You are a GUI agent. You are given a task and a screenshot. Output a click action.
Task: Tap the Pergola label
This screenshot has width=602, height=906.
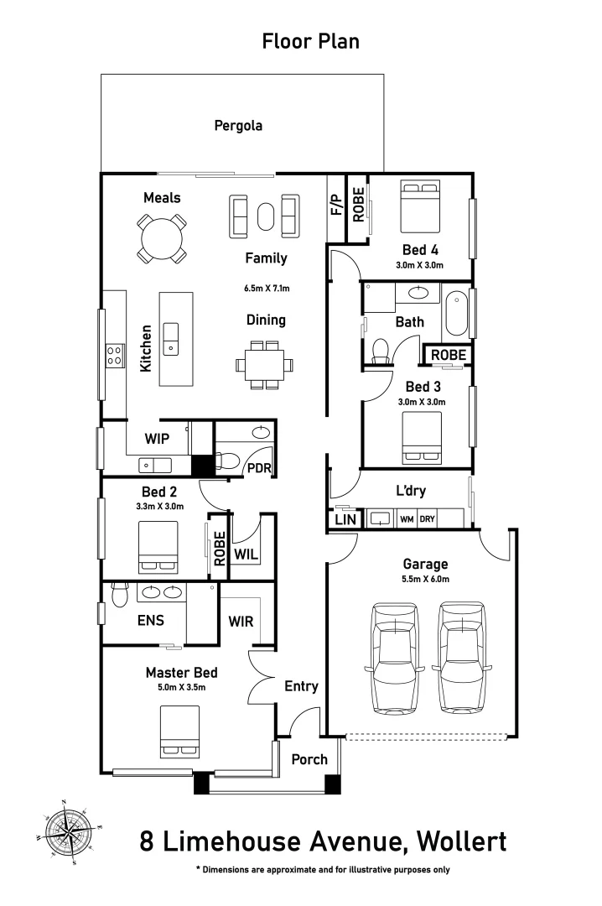[x=238, y=126]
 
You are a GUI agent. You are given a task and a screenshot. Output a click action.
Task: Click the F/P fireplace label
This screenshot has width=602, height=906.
[x=336, y=206]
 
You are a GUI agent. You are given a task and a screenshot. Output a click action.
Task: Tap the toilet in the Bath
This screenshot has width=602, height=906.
[x=381, y=351]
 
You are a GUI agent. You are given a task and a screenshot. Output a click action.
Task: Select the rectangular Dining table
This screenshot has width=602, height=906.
[x=265, y=365]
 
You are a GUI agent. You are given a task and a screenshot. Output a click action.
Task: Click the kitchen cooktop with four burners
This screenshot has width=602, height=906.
[x=114, y=356]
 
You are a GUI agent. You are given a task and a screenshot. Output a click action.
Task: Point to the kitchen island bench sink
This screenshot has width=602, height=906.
[x=171, y=336]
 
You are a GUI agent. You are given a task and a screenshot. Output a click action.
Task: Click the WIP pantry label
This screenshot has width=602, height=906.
[x=158, y=438]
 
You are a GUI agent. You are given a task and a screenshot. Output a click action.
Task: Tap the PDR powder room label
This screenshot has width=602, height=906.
[x=258, y=468]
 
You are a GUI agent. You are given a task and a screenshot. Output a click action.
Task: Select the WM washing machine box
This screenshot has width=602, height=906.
[x=407, y=519]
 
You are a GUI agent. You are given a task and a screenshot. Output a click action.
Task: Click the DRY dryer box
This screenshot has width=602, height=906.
[x=428, y=519]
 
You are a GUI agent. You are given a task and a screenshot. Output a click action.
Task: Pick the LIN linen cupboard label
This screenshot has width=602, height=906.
[x=345, y=520]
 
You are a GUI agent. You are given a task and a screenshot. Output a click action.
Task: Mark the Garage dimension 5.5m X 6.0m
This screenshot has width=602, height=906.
[x=426, y=580]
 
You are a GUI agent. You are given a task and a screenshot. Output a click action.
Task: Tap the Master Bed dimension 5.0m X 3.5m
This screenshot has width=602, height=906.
[x=181, y=687]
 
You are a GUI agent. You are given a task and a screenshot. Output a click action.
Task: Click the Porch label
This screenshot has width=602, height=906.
[x=309, y=759]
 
